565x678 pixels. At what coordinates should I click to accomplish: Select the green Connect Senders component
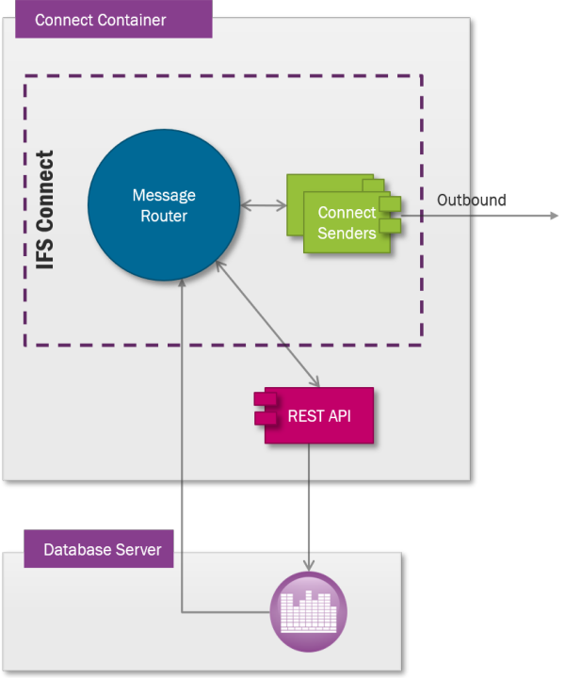(346, 222)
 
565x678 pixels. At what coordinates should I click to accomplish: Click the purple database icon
(308, 611)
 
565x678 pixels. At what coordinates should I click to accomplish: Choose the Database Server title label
(102, 549)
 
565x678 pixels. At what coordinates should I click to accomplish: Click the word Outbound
(471, 200)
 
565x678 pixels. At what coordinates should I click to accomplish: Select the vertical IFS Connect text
(45, 210)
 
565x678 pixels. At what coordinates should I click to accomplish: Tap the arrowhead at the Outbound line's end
(555, 216)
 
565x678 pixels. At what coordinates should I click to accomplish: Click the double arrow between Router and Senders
(264, 204)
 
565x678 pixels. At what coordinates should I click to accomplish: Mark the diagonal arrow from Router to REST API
(268, 322)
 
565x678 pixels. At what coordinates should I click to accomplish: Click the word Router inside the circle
(164, 216)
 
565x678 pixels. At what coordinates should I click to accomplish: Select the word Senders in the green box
(347, 233)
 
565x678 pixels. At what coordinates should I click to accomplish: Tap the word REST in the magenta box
(304, 415)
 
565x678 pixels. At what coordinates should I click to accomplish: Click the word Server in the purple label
(137, 549)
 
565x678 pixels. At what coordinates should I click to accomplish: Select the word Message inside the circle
(164, 196)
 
